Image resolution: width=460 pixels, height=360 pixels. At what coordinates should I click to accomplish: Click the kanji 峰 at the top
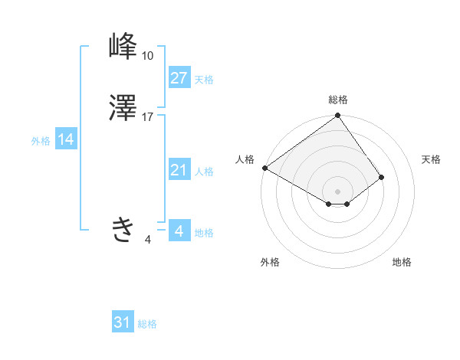point(123,48)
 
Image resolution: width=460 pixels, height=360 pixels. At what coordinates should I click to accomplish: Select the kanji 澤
point(123,110)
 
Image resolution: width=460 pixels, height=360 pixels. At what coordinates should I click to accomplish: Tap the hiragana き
point(123,229)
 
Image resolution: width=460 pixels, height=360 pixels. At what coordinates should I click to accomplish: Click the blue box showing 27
point(179,78)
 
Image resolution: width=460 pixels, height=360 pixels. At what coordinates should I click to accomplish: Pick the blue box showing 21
point(179,170)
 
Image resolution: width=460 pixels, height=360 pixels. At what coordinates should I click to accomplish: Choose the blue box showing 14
point(66,140)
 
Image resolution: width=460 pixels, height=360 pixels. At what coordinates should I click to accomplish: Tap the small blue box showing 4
point(179,231)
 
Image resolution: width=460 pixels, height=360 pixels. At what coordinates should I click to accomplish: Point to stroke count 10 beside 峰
point(148,56)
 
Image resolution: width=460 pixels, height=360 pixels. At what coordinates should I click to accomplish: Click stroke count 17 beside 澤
point(148,117)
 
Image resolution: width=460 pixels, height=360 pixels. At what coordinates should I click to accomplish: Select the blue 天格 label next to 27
point(204,80)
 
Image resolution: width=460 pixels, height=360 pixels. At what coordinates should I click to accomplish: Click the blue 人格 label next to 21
point(204,172)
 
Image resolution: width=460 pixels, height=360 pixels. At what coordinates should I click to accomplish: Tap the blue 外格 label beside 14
point(40,141)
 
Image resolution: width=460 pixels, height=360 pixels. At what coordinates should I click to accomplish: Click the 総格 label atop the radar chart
point(338,100)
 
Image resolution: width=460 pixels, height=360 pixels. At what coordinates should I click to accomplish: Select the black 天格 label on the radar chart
point(431,159)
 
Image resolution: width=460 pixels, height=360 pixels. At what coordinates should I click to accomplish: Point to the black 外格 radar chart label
point(270,262)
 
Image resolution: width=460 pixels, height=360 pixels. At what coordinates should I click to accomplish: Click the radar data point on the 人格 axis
point(264,168)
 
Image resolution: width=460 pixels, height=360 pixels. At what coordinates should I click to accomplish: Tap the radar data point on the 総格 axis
point(338,116)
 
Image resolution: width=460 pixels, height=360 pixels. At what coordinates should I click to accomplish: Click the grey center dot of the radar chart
point(338,191)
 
